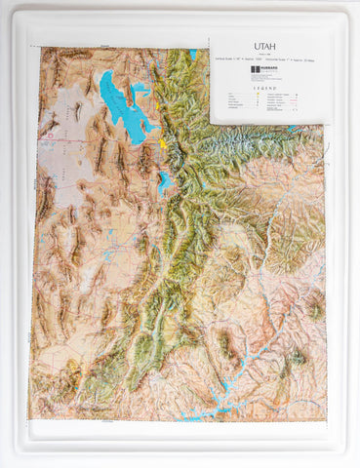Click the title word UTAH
[264, 46]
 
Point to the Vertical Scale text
[238, 60]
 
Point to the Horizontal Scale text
[291, 60]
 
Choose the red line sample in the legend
[293, 99]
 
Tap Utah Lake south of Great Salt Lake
[165, 181]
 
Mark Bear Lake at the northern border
[193, 54]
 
